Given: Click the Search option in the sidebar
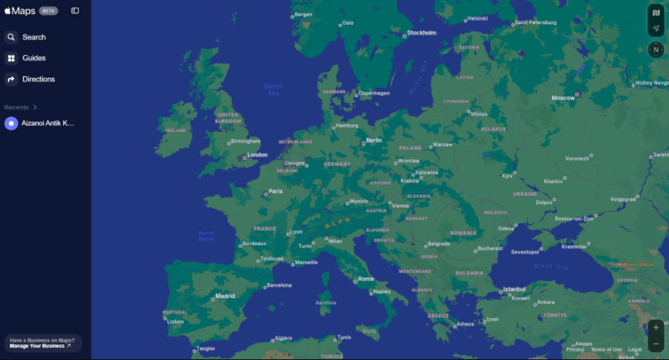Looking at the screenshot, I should [34, 37].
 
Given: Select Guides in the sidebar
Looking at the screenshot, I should [34, 58].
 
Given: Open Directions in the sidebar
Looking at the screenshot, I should [38, 79].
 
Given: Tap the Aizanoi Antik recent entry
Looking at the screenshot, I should [48, 123].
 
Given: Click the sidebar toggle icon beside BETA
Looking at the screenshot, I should [75, 11].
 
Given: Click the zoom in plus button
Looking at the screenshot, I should [656, 327].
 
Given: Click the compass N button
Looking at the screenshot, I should [656, 50].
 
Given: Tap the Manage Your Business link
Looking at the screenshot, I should [40, 346].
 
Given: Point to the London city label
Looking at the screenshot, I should [257, 155].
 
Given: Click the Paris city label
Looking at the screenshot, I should [275, 192].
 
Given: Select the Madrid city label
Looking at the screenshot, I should [225, 296].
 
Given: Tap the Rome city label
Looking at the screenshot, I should [365, 279].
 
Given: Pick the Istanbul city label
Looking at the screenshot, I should [514, 289].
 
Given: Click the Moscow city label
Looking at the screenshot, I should [563, 97].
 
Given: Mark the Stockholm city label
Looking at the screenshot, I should [421, 33].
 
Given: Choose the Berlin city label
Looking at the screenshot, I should [373, 140].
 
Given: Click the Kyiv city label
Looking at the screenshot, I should [507, 176].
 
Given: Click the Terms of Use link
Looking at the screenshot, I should [606, 350].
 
